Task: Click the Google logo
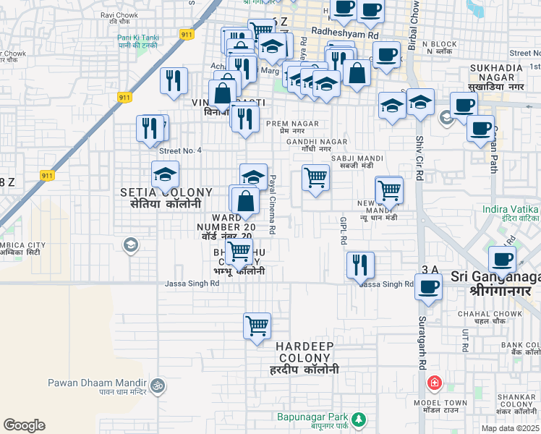click(24, 425)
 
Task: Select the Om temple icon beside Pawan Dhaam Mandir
click(158, 384)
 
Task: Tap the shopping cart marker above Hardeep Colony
click(257, 326)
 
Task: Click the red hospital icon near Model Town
click(434, 383)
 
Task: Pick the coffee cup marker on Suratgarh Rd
click(427, 286)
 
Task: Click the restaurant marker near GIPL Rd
click(359, 264)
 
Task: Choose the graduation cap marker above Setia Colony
click(166, 174)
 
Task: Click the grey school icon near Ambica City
click(130, 245)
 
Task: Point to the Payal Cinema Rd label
click(273, 204)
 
